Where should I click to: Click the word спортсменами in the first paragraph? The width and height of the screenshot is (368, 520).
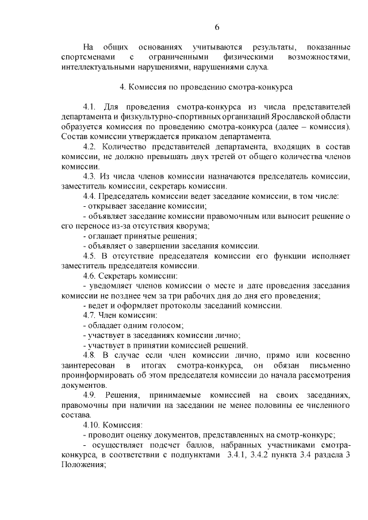87,57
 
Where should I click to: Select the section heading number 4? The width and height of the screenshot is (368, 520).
122,88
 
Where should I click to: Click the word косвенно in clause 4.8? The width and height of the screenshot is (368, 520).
331,355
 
